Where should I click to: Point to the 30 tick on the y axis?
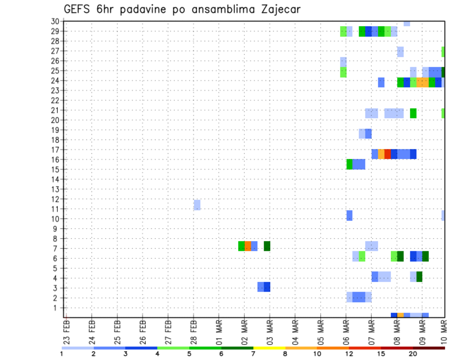point(55,21)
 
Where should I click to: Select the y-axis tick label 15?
point(55,169)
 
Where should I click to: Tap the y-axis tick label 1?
point(57,308)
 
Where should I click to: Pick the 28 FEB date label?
point(194,331)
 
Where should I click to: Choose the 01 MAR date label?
point(219,331)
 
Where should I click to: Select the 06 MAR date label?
point(346,331)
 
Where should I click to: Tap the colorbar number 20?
point(413,354)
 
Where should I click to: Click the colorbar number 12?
point(349,354)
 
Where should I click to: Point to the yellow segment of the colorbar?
point(269,347)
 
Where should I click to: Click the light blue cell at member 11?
point(197,205)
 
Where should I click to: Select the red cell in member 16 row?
point(387,154)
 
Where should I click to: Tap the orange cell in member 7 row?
point(248,246)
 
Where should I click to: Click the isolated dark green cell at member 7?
point(267,246)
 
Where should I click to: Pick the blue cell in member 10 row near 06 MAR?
point(349,215)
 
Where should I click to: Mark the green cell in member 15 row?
point(349,164)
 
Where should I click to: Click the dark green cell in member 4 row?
point(419,277)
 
